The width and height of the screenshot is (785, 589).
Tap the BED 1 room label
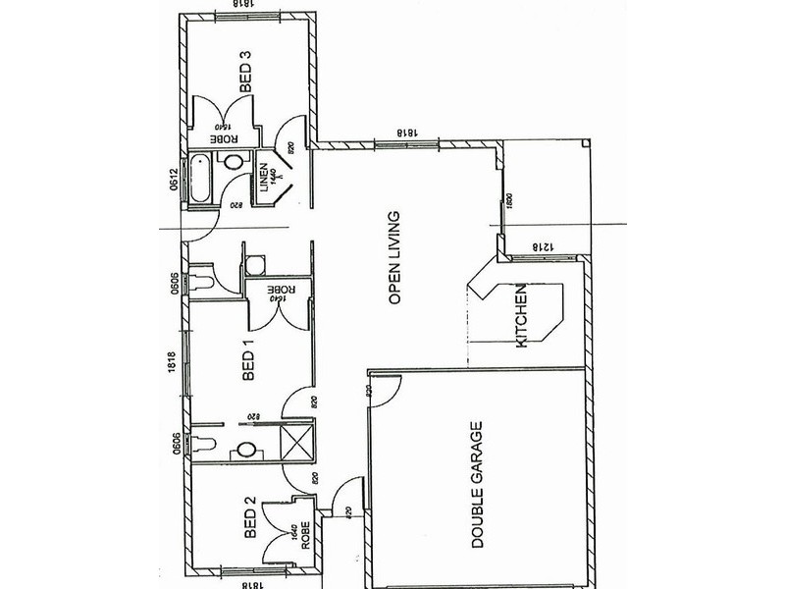[x=248, y=360]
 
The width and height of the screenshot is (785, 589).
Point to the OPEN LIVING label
[x=395, y=258]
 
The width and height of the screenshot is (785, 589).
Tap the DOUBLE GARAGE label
[x=478, y=485]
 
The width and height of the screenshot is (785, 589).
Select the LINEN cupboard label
[x=265, y=180]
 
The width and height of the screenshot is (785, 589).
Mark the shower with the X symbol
[x=297, y=442]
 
